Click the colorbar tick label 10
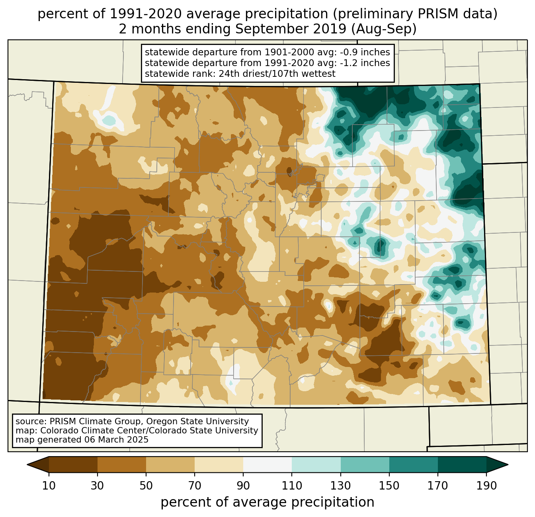(x=49, y=486)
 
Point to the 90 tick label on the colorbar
(x=243, y=486)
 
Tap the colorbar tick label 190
(x=486, y=486)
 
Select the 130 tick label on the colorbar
(x=341, y=486)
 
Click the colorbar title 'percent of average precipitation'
(x=267, y=502)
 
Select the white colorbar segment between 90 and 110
(x=267, y=464)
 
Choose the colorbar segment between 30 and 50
(x=122, y=464)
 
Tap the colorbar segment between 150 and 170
(x=414, y=464)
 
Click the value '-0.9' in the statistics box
(x=349, y=53)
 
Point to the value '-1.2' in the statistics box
(x=349, y=63)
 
